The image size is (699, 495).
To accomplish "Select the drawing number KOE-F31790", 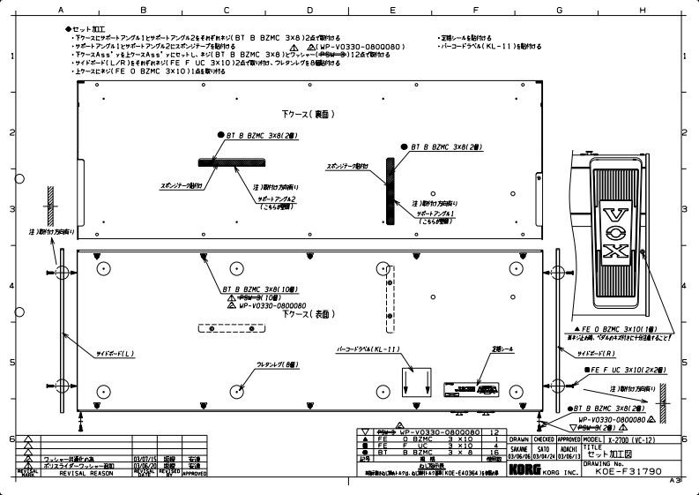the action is pyautogui.click(x=628, y=472).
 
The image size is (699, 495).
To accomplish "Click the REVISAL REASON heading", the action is pyautogui.click(x=86, y=473).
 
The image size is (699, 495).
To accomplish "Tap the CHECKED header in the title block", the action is pyautogui.click(x=544, y=439).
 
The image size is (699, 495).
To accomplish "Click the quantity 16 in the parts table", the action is pyautogui.click(x=494, y=452).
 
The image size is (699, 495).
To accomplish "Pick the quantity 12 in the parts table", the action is pyautogui.click(x=494, y=432).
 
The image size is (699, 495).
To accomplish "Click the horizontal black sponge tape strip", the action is pyautogui.click(x=231, y=161).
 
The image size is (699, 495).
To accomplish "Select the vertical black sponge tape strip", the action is pyautogui.click(x=389, y=190).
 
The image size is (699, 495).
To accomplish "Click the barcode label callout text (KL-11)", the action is pyautogui.click(x=369, y=349).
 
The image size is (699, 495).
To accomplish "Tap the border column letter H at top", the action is pyautogui.click(x=643, y=10).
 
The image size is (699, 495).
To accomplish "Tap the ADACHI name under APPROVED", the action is pyautogui.click(x=568, y=448).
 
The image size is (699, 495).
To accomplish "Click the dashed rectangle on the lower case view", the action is pyautogui.click(x=231, y=328).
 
